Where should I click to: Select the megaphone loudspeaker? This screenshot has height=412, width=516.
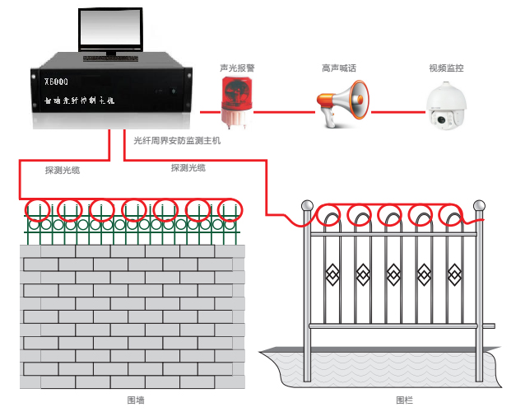tap(342, 105)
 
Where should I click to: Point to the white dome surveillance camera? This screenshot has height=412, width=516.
tap(446, 107)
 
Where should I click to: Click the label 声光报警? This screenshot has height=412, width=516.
tap(236, 68)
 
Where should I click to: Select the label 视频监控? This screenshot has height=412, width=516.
tap(445, 68)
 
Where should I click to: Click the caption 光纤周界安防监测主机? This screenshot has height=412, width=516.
tap(177, 140)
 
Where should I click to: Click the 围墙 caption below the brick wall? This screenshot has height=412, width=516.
tap(137, 400)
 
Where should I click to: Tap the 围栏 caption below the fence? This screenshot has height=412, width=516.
tap(402, 400)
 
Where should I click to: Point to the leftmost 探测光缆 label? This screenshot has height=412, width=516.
tap(63, 171)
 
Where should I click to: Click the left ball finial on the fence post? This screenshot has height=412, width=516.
tap(307, 205)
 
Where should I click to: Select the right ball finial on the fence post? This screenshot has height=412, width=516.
tap(478, 205)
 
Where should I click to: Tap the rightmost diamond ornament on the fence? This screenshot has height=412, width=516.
tap(453, 271)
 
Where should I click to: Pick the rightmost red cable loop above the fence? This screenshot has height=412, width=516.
tap(450, 216)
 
